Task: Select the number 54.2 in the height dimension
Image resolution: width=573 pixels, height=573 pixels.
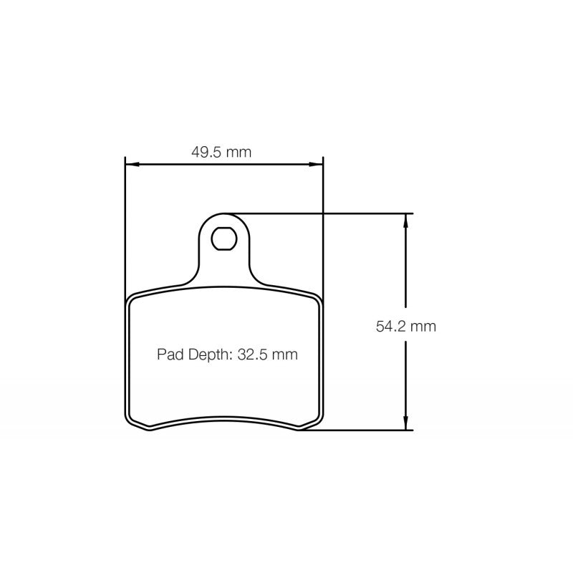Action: click(x=391, y=327)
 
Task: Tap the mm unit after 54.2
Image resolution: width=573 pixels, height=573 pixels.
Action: click(x=424, y=327)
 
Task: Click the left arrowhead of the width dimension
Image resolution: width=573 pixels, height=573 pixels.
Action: click(x=130, y=165)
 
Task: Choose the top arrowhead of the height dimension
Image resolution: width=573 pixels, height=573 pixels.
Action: click(x=406, y=219)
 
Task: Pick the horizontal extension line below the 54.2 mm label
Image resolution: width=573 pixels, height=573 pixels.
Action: click(x=358, y=430)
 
